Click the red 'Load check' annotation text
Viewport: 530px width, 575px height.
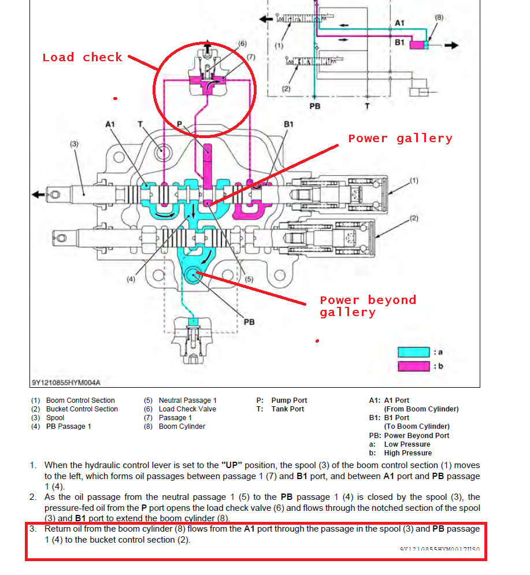[x=82, y=57]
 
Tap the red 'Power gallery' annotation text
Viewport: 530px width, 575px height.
[x=400, y=139]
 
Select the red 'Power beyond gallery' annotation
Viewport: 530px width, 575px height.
[x=368, y=306]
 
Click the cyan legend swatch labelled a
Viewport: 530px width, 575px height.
[x=413, y=352]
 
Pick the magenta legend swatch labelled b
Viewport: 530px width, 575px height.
[x=413, y=366]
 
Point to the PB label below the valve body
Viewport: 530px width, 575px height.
[x=249, y=322]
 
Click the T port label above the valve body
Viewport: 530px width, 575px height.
[x=140, y=124]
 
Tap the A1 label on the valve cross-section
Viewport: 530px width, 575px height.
[x=110, y=124]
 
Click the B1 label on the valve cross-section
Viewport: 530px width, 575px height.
[x=289, y=124]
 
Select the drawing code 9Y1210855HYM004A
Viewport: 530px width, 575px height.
[x=66, y=382]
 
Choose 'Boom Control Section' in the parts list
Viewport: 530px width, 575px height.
[x=80, y=400]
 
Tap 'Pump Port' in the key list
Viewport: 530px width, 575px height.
[x=289, y=400]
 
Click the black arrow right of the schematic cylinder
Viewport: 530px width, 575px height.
[x=451, y=45]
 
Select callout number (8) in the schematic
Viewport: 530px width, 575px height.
[x=439, y=17]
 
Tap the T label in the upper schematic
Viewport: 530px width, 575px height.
[x=367, y=106]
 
